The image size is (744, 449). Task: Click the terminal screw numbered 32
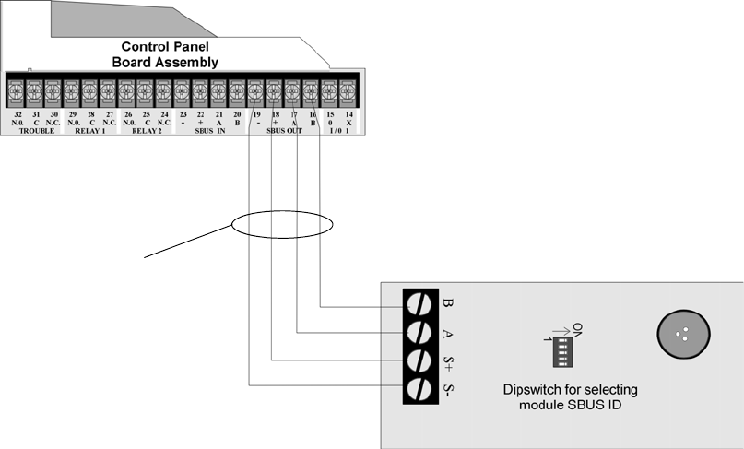point(16,90)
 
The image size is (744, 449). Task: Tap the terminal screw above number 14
point(347,90)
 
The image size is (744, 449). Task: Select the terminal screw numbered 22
point(199,90)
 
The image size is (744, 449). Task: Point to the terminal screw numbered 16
point(310,90)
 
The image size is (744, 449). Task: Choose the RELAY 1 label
point(90,131)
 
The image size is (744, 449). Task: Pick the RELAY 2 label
point(145,131)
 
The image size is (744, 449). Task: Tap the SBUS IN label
point(209,131)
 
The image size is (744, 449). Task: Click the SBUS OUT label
point(285,131)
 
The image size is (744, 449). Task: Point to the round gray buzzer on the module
point(683,334)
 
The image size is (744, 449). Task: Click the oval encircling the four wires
point(282,225)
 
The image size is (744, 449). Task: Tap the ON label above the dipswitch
point(578,329)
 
